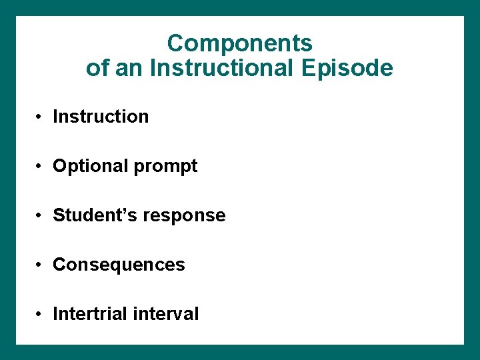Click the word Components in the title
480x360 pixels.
tap(239, 44)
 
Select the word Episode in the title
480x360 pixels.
tap(349, 68)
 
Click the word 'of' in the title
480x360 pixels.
tap(97, 68)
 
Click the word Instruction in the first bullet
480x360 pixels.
tap(101, 117)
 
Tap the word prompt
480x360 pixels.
tap(166, 167)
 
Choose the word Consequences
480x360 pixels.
tap(119, 265)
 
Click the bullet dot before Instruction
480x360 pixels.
tap(41, 117)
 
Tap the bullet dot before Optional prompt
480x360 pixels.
tap(41, 167)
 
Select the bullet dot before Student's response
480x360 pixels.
tap(41, 216)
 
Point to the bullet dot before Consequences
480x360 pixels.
tap(41, 265)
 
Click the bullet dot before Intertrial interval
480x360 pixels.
tap(41, 315)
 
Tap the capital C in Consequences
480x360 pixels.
tap(59, 265)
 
